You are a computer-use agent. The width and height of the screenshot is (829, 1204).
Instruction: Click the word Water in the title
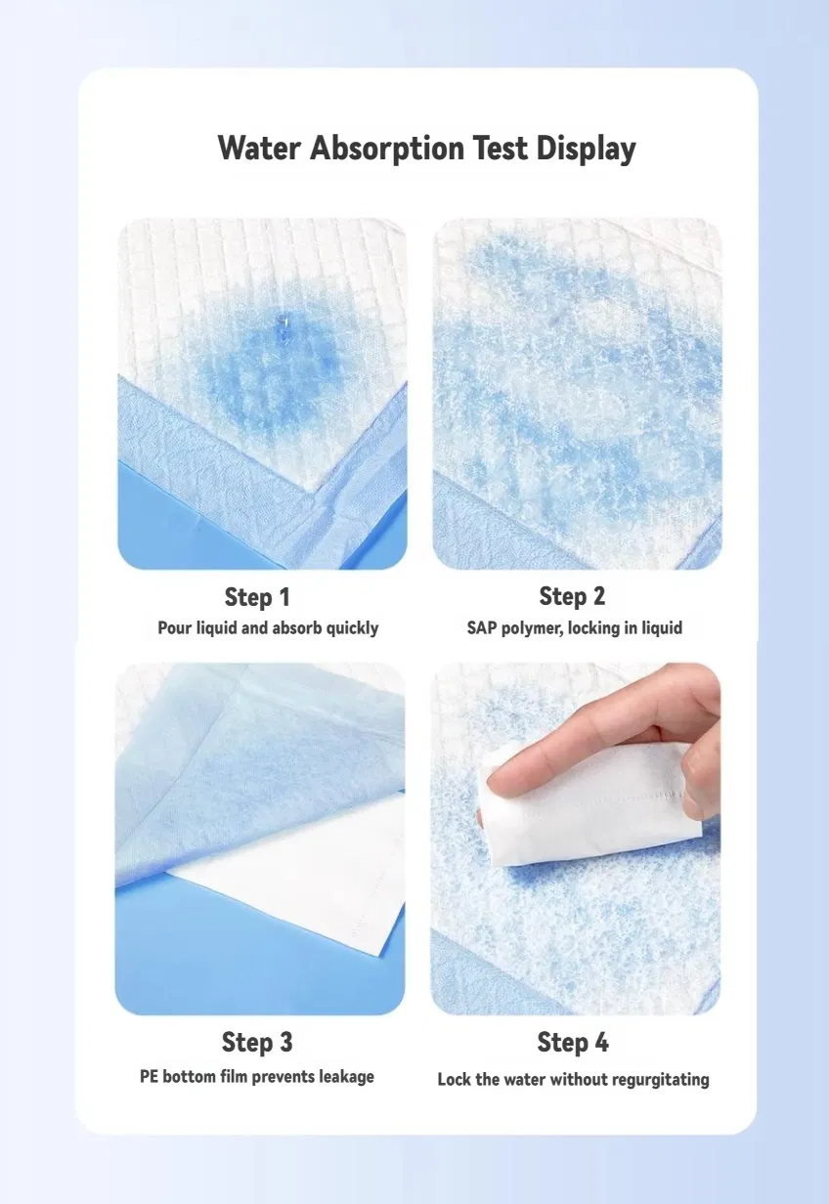coord(259,148)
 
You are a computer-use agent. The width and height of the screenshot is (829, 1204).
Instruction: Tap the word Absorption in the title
coord(387,149)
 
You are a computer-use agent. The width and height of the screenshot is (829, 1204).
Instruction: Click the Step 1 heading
coord(257,597)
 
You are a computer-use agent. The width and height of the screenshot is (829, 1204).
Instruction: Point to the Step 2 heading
coord(572,596)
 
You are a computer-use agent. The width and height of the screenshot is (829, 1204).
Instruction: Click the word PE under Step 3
coord(149,1077)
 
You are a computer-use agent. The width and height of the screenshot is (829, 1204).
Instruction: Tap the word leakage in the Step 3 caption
coord(346,1077)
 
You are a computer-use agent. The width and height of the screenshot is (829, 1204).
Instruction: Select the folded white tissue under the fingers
coord(591,804)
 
